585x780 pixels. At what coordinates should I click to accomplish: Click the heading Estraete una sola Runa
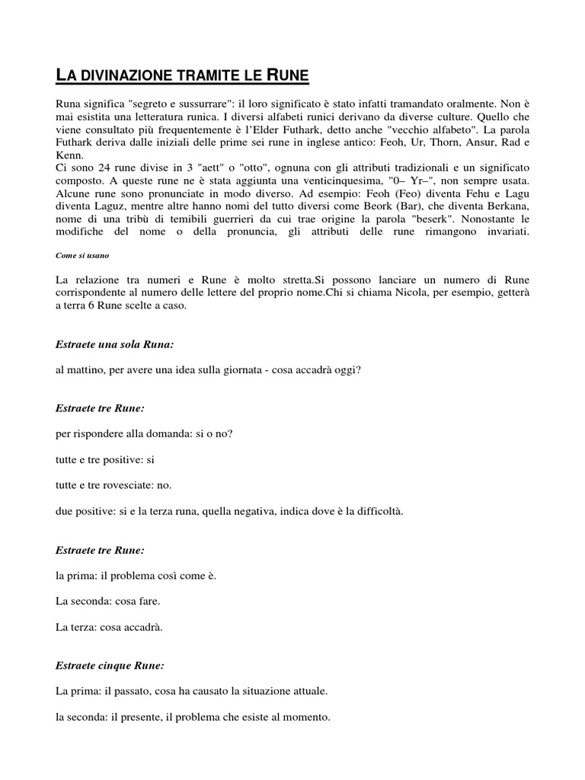[x=114, y=345]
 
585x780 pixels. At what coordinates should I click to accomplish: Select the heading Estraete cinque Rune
[x=110, y=666]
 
